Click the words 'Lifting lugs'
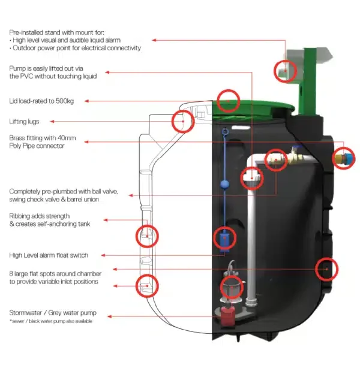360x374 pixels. tap(24, 122)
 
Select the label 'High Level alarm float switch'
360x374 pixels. tap(49, 255)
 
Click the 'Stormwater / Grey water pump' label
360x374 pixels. tap(52, 313)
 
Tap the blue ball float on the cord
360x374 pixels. tap(226, 184)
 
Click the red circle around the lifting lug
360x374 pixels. tap(182, 122)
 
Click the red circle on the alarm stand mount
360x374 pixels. tap(285, 71)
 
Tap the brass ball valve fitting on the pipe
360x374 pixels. tap(294, 160)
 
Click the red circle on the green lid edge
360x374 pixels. tap(228, 100)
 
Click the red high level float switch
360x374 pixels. tap(224, 239)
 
